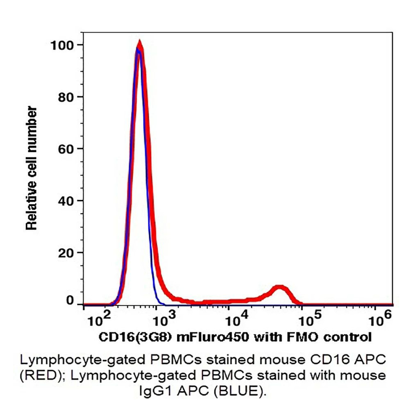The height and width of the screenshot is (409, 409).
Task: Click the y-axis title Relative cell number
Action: pyautogui.click(x=32, y=168)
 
